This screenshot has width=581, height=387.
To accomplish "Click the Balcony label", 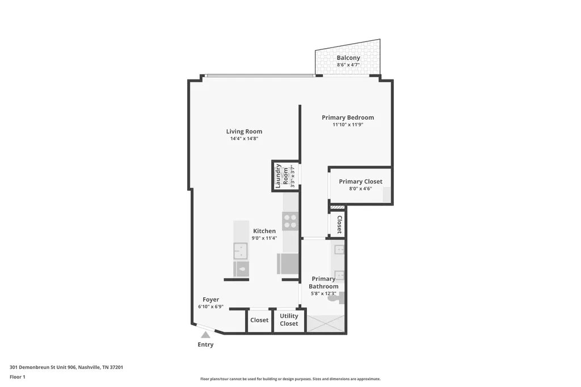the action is pos(348,58).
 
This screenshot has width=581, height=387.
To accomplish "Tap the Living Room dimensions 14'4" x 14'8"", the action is pos(244,138).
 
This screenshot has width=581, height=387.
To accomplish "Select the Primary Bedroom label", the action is pos(348,117).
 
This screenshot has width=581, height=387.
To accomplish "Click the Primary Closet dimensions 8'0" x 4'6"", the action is pos(360,189).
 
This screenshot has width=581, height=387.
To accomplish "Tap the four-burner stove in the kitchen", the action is pos(290,221).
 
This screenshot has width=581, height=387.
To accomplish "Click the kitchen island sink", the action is pos(241,251).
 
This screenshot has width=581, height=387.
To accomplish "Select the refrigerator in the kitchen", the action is pos(288,264).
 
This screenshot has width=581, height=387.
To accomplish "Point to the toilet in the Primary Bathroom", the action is pos(338,298).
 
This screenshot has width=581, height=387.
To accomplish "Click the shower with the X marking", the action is pos(325,323).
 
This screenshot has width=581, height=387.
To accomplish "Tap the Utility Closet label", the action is pos(289,319).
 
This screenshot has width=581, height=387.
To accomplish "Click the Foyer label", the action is pos(211,300).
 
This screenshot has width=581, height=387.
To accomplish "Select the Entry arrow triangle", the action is pos(205,335).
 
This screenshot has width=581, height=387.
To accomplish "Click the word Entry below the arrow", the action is pos(205,345).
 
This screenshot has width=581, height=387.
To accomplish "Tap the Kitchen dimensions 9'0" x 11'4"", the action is pos(264,238).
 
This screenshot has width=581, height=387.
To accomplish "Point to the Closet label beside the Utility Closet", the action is pos(259,320).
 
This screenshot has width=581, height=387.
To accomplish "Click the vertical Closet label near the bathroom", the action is pos(339,225).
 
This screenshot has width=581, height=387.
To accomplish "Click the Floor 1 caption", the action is pos(18,377).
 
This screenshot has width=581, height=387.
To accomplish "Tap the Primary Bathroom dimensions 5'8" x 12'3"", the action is pos(323,293).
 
